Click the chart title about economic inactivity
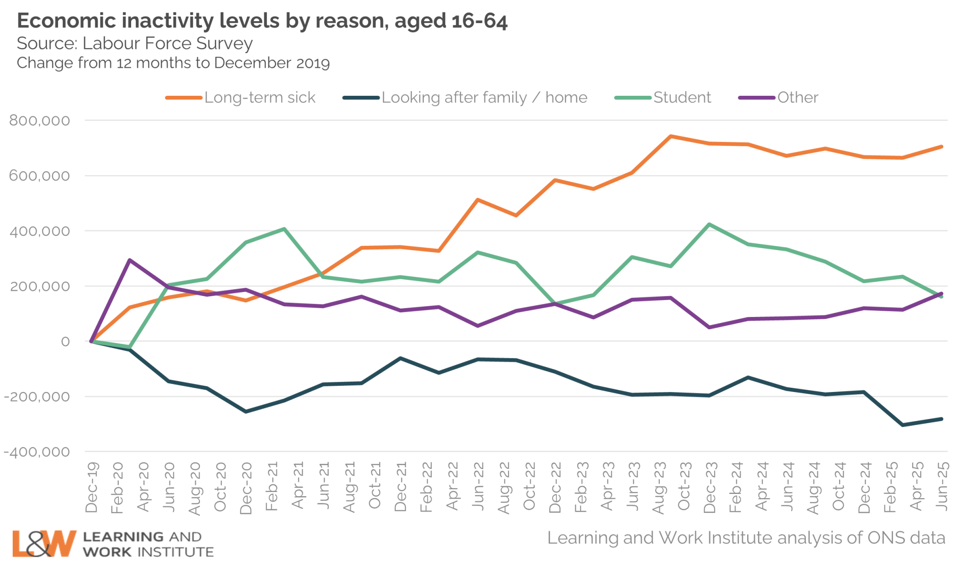point(262,21)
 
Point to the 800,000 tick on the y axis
point(40,121)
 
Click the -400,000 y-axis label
point(37,452)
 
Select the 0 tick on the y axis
point(65,342)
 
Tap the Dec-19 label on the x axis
point(92,487)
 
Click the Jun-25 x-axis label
point(941,486)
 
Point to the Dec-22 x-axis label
point(555,487)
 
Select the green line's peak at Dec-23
point(709,225)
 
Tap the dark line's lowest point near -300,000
point(903,425)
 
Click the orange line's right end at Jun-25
point(941,147)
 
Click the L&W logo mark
point(44,543)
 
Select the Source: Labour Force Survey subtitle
point(135,43)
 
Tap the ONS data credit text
point(746,538)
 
